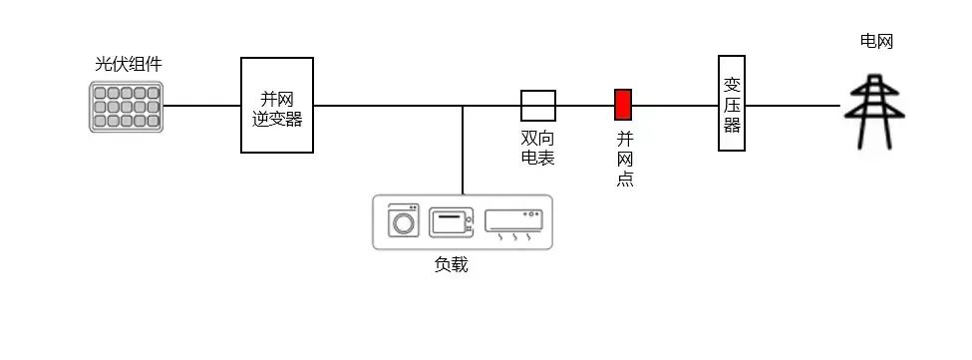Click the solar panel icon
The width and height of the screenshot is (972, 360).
coord(125,107)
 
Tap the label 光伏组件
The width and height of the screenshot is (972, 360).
coord(128,65)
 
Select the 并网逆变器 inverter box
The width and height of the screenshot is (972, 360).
coord(277,105)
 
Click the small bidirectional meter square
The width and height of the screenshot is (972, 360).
coord(538,105)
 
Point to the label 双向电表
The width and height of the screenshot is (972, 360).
coord(538,149)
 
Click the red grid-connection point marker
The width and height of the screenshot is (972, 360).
coord(623,105)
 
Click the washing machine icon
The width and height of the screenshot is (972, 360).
coord(404,220)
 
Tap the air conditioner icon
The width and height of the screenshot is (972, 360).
coord(512,223)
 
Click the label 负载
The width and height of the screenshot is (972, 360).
coord(451,265)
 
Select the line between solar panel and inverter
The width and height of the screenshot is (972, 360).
coord(202,105)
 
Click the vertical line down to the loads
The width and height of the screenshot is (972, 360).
coord(463,150)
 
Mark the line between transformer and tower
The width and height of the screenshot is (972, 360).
coord(793,105)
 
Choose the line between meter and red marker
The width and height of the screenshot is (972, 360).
coord(585,105)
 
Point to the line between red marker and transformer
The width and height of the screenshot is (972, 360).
coord(675,105)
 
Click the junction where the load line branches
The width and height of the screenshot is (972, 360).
coord(463,105)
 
